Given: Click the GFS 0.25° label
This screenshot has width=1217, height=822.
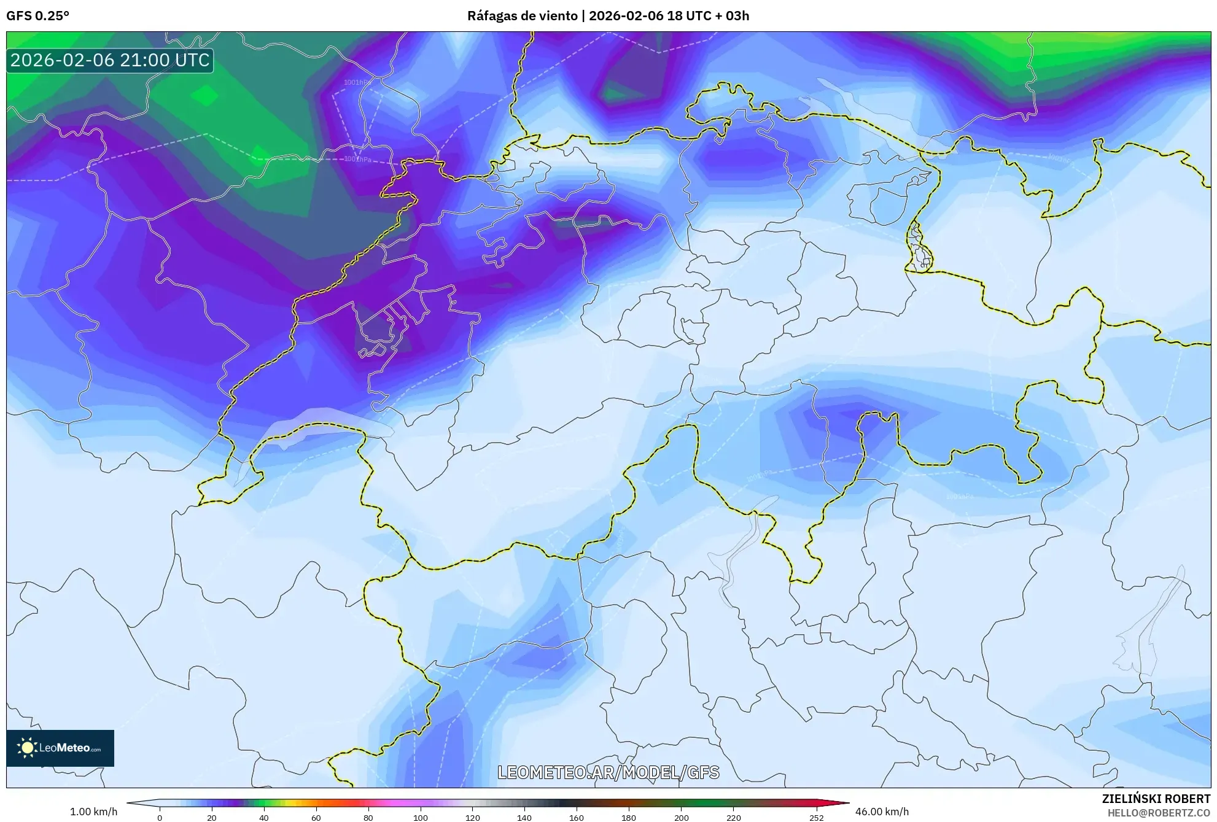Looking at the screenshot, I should click(x=37, y=16).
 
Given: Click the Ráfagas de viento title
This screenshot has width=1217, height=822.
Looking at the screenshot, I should click(x=523, y=16).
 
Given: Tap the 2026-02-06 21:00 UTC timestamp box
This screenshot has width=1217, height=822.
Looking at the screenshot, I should click(x=110, y=60).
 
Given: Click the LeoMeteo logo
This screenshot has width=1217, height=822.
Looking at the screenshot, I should click(x=60, y=748).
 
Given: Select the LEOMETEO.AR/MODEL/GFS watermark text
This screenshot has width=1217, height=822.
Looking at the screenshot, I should click(x=608, y=772).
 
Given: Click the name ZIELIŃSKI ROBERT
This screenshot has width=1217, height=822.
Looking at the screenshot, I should click(x=1156, y=799).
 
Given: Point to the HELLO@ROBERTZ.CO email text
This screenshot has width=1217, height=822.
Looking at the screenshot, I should click(x=1158, y=813).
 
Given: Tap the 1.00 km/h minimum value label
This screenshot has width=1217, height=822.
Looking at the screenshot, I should click(x=93, y=812).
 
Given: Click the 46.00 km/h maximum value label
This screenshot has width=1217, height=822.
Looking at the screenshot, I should click(x=882, y=812).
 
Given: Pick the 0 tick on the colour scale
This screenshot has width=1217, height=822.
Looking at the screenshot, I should click(x=160, y=818).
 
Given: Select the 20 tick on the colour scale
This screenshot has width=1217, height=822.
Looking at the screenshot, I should click(x=212, y=818).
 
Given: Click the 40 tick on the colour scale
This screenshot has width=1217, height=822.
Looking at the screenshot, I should click(x=264, y=818).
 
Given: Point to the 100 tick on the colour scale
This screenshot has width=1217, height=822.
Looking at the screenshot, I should click(x=421, y=818).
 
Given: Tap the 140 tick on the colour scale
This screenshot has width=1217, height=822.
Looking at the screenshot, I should click(x=524, y=818).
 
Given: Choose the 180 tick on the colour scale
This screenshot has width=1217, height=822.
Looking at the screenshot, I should click(x=629, y=818).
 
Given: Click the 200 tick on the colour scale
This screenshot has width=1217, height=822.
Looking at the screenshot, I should click(x=681, y=818).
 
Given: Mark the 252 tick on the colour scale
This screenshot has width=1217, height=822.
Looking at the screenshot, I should click(x=817, y=818).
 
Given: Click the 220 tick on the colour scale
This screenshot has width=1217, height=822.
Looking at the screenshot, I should click(x=733, y=818).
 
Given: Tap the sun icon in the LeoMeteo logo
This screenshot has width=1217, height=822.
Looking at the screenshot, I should click(x=27, y=747).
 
